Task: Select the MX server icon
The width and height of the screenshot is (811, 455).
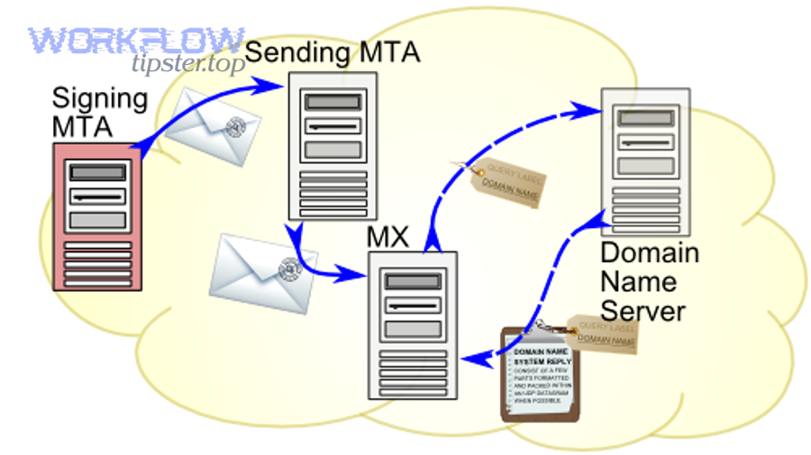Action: pos(413,324)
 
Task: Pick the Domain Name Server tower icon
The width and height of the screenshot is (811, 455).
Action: pos(644,159)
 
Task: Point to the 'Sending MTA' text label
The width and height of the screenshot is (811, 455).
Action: pos(333,51)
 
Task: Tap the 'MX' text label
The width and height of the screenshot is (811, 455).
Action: pos(388,238)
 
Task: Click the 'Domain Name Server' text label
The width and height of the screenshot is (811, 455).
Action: pos(649,281)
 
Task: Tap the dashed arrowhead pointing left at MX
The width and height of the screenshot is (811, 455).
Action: pos(469,359)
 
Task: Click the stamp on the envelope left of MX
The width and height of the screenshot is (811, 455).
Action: pos(289,267)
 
